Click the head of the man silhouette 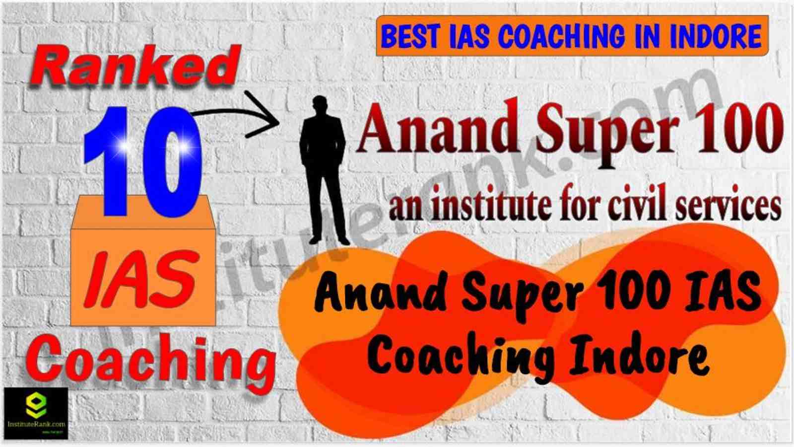[x=320, y=105]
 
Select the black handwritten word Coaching [x=461, y=360]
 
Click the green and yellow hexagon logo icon [x=36, y=405]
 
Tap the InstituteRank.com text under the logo [x=36, y=424]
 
